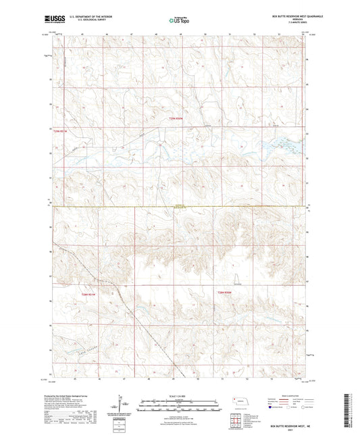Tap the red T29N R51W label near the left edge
coord(61,131)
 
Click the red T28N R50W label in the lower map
coord(225,292)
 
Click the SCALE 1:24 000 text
coord(178,396)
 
